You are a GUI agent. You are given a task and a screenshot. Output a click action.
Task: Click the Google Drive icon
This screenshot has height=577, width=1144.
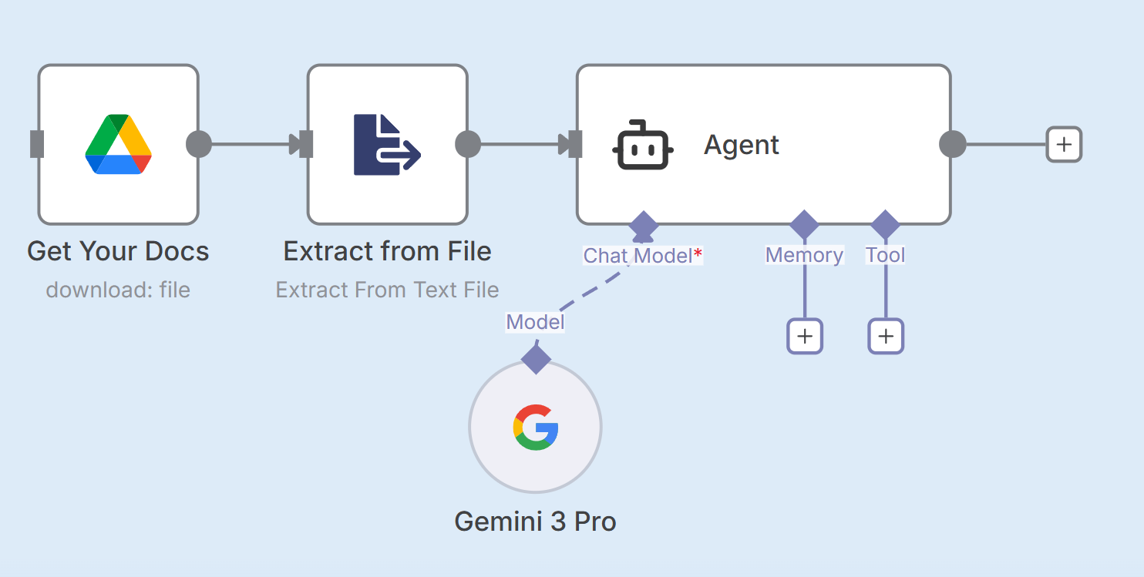click(x=118, y=144)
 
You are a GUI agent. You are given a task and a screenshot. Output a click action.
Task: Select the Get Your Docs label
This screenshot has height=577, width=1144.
click(x=118, y=251)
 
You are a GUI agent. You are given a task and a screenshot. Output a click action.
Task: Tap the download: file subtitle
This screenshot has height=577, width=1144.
click(x=118, y=290)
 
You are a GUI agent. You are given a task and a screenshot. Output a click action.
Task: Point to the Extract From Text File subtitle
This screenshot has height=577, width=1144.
click(x=387, y=290)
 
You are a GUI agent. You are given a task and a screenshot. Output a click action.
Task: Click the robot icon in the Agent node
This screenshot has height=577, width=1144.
click(x=643, y=145)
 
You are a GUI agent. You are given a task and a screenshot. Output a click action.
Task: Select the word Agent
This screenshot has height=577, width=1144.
click(x=742, y=145)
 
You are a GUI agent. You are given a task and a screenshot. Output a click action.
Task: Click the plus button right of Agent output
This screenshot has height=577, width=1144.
click(x=1064, y=144)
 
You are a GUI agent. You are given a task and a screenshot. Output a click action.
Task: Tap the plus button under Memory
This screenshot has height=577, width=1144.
click(x=805, y=336)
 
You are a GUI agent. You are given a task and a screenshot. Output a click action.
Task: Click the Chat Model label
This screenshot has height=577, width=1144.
click(x=638, y=256)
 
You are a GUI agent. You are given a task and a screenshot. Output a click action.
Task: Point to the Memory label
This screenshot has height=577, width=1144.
click(x=804, y=255)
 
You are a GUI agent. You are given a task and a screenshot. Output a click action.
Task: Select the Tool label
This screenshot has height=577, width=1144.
click(x=885, y=255)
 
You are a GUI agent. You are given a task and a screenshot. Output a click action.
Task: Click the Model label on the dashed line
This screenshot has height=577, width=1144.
click(x=535, y=322)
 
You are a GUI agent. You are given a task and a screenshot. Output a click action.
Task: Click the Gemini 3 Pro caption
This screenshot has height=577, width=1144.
click(x=535, y=522)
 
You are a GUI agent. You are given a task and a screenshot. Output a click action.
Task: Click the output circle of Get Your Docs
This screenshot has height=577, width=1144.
click(x=199, y=144)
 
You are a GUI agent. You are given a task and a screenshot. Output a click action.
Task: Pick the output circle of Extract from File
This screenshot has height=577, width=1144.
click(x=468, y=144)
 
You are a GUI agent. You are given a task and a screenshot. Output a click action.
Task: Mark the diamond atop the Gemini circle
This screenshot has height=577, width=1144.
click(x=536, y=358)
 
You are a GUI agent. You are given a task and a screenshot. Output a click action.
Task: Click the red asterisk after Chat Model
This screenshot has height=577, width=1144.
click(x=698, y=253)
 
